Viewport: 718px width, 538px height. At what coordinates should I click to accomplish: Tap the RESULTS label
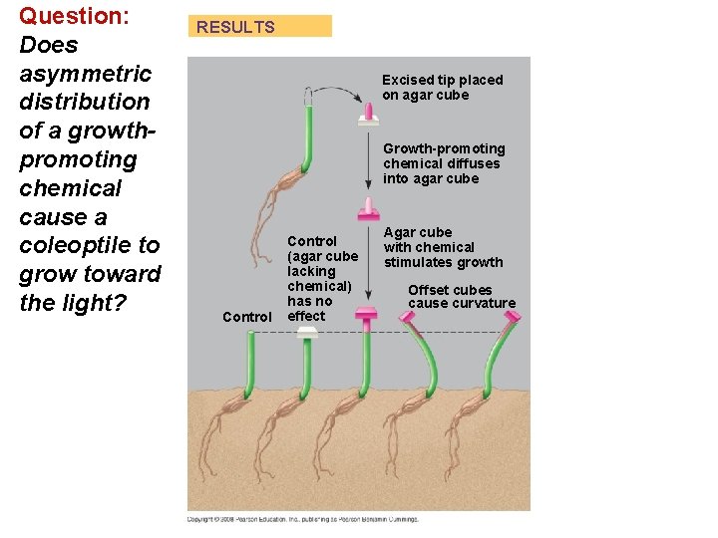pos(236,27)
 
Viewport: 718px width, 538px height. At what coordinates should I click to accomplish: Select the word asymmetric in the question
pos(85,73)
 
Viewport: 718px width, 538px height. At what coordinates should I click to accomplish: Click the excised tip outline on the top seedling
pos(309,97)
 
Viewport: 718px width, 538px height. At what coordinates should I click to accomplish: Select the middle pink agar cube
pos(369,211)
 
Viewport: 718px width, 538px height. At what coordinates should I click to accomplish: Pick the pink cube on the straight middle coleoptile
pos(367,319)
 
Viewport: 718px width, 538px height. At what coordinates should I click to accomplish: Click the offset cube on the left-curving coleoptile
pos(408,318)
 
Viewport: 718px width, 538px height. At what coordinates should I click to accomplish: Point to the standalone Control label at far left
pos(246,317)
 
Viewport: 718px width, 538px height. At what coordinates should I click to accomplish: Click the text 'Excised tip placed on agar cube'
pos(442,87)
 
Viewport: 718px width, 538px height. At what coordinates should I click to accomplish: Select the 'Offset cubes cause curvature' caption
pos(462,297)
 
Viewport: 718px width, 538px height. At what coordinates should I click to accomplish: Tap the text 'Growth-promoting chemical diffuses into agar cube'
pos(444,163)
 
